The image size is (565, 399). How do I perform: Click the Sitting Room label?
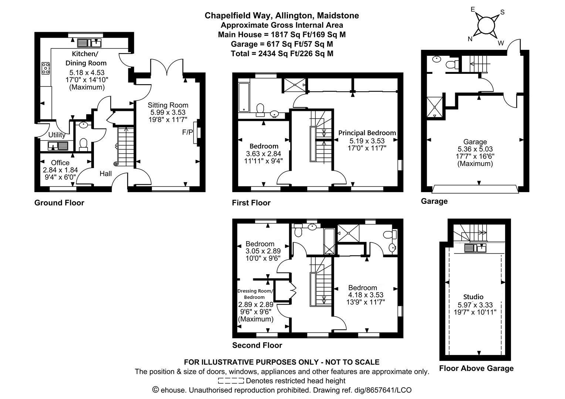(168, 105)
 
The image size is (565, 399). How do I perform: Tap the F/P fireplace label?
(187, 132)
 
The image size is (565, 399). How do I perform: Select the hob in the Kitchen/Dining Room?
(45, 68)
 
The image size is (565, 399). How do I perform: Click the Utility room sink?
(58, 146)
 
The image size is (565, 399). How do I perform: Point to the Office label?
(60, 163)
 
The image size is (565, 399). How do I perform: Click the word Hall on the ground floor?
(105, 173)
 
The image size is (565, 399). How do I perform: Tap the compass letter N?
(470, 39)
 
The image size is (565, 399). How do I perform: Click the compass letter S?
(502, 12)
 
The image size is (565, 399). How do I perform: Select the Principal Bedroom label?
(367, 133)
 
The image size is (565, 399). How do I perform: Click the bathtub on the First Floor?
(244, 97)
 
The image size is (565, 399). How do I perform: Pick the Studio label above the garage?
(473, 297)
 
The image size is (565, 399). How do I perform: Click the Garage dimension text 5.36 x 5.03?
(475, 149)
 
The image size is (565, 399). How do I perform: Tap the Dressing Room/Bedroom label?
(255, 294)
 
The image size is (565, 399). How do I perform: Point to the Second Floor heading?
(257, 345)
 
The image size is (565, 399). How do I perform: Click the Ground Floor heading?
(59, 203)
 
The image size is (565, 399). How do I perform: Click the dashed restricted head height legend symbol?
(231, 381)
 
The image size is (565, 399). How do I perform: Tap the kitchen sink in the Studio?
(475, 248)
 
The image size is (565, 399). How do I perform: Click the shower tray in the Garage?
(434, 107)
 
